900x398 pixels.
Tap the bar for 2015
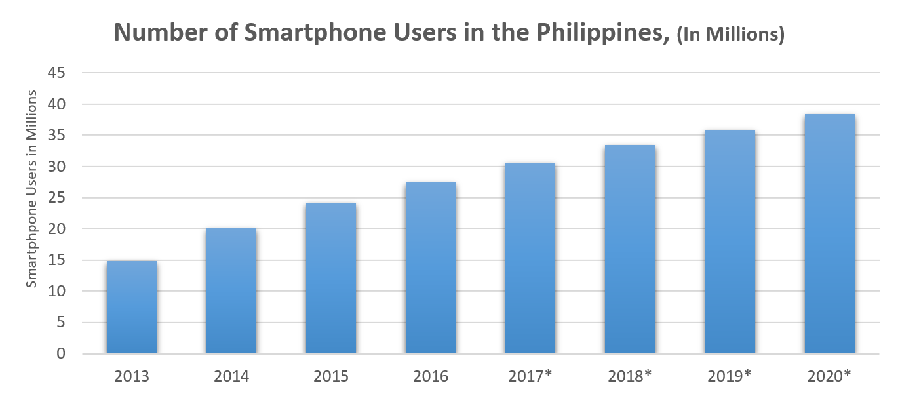pyautogui.click(x=331, y=278)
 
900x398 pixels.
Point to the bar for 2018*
pyautogui.click(x=630, y=249)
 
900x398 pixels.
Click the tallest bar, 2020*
pyautogui.click(x=829, y=233)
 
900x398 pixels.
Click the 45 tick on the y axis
pyautogui.click(x=56, y=73)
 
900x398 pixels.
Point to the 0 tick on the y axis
pyautogui.click(x=61, y=353)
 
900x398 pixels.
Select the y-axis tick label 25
pyautogui.click(x=56, y=198)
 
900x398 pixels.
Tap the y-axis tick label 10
pyautogui.click(x=56, y=291)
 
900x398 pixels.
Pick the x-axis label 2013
pyautogui.click(x=132, y=376)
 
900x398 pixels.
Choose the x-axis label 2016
pyautogui.click(x=431, y=376)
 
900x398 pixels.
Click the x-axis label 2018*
pyautogui.click(x=630, y=376)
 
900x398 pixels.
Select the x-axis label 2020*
pyautogui.click(x=829, y=376)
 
